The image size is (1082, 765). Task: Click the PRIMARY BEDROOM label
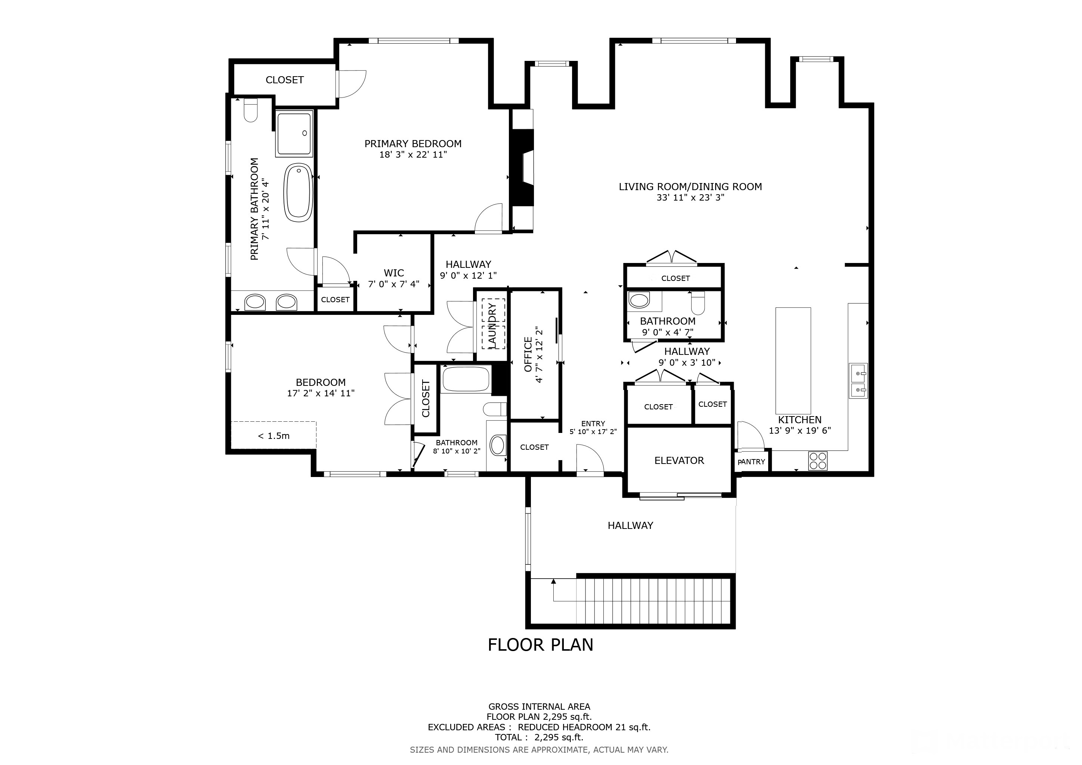413,144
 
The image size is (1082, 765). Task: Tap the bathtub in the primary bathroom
298,192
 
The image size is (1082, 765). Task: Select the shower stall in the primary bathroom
294,134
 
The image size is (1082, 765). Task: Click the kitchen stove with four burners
817,461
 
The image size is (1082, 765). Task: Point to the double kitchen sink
858,381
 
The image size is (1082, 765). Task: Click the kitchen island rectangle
793,360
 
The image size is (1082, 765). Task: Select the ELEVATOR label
679,461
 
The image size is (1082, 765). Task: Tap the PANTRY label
751,462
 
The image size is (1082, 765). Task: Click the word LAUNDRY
493,325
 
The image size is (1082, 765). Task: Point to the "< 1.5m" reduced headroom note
274,436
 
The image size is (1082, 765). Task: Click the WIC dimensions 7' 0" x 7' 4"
393,284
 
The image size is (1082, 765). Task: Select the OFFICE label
528,354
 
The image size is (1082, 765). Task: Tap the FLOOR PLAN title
541,644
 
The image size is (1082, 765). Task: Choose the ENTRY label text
593,424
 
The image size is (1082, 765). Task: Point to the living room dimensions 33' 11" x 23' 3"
690,198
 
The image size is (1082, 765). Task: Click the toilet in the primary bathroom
251,110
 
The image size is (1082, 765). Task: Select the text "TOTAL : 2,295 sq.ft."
539,737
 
